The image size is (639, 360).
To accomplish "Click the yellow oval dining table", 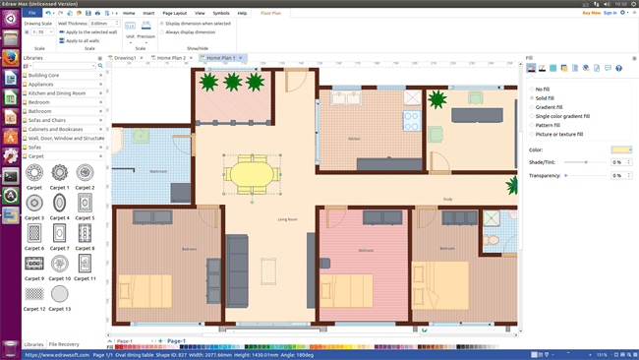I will (253, 174).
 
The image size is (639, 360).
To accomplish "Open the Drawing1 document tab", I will (125, 58).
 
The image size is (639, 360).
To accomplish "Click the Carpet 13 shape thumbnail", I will (60, 293).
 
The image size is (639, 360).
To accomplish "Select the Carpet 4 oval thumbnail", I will (60, 203).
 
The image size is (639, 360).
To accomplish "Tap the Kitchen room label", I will (354, 139).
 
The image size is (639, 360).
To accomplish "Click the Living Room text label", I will (287, 219).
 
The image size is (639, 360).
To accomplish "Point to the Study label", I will (447, 200).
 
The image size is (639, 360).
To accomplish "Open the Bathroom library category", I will (40, 111).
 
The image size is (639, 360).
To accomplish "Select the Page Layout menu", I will (174, 13).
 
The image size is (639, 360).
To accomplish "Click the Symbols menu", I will (221, 13).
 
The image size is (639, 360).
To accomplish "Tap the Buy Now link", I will (591, 13).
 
